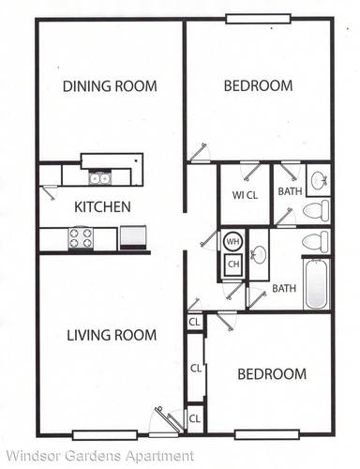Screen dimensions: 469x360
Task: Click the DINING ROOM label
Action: click(x=110, y=86)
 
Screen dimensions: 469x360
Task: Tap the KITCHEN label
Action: click(x=103, y=207)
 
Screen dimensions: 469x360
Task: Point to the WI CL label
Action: click(x=246, y=195)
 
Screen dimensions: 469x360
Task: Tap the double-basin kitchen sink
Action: click(x=99, y=177)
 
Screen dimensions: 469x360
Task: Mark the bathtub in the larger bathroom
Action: click(x=317, y=282)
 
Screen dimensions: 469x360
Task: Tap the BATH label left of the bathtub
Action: click(x=284, y=288)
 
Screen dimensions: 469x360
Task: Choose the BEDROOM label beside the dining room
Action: click(x=258, y=86)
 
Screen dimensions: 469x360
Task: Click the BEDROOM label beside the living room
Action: click(x=271, y=374)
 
